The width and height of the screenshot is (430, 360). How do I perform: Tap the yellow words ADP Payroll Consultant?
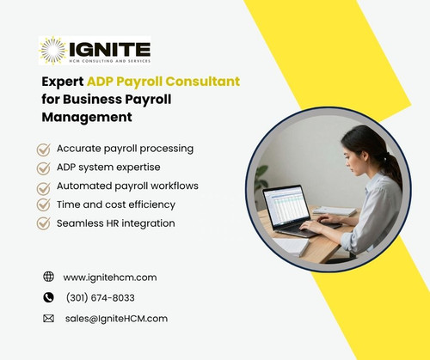[x=163, y=82]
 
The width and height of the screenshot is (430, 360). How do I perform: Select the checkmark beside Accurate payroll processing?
[x=43, y=149]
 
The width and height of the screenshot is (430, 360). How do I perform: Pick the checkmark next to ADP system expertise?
[x=43, y=168]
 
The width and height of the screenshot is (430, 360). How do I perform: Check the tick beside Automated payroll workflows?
[x=43, y=186]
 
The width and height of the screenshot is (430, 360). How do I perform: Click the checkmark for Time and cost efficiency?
[x=43, y=204]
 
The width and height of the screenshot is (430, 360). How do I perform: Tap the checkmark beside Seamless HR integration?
[x=43, y=223]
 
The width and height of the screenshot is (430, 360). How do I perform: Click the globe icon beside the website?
[x=48, y=277]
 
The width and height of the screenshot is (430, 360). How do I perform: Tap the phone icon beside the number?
[x=48, y=297]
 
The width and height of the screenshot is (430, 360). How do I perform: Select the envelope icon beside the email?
[x=48, y=318]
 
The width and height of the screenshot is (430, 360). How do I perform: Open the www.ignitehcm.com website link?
[x=109, y=278]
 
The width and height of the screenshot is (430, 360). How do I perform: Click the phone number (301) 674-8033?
[x=100, y=298]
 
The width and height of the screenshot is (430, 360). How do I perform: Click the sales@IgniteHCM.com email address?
[x=116, y=318]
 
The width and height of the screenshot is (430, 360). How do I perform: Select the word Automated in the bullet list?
[x=83, y=186]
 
